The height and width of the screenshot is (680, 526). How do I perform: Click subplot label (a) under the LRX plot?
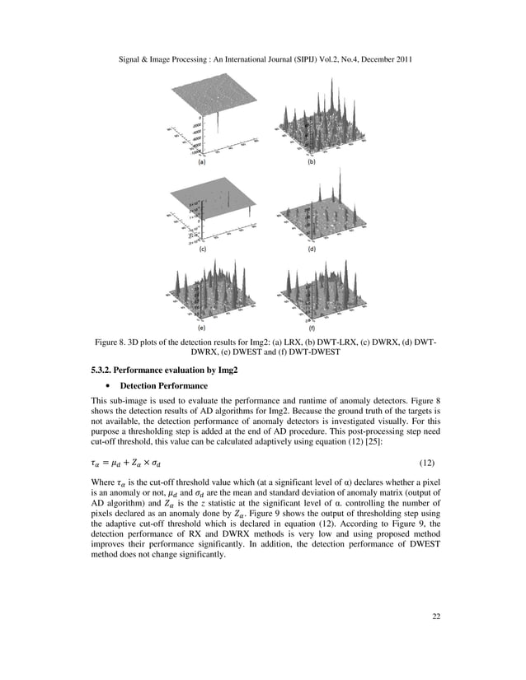point(200,163)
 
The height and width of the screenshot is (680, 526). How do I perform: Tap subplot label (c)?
point(200,248)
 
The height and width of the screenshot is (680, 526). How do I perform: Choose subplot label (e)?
point(200,327)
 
